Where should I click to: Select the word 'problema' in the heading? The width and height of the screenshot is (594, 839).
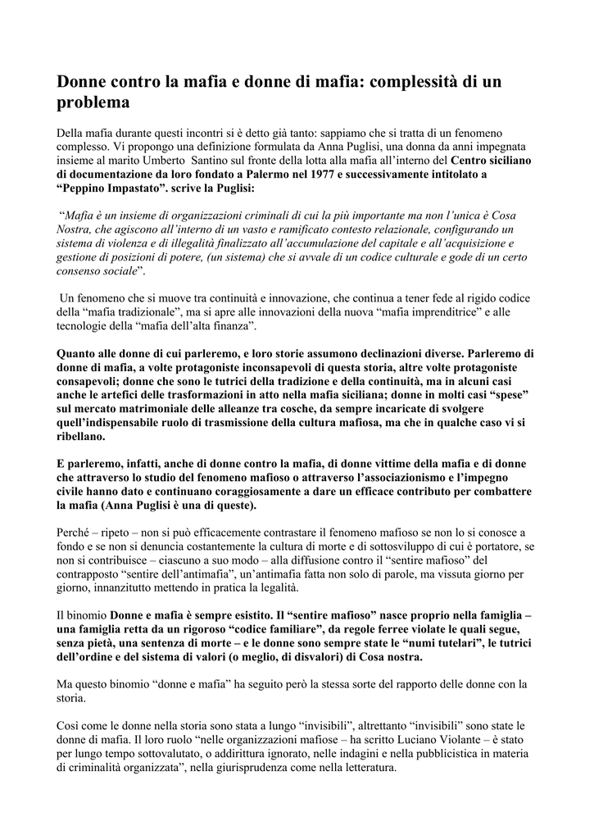pos(93,103)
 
